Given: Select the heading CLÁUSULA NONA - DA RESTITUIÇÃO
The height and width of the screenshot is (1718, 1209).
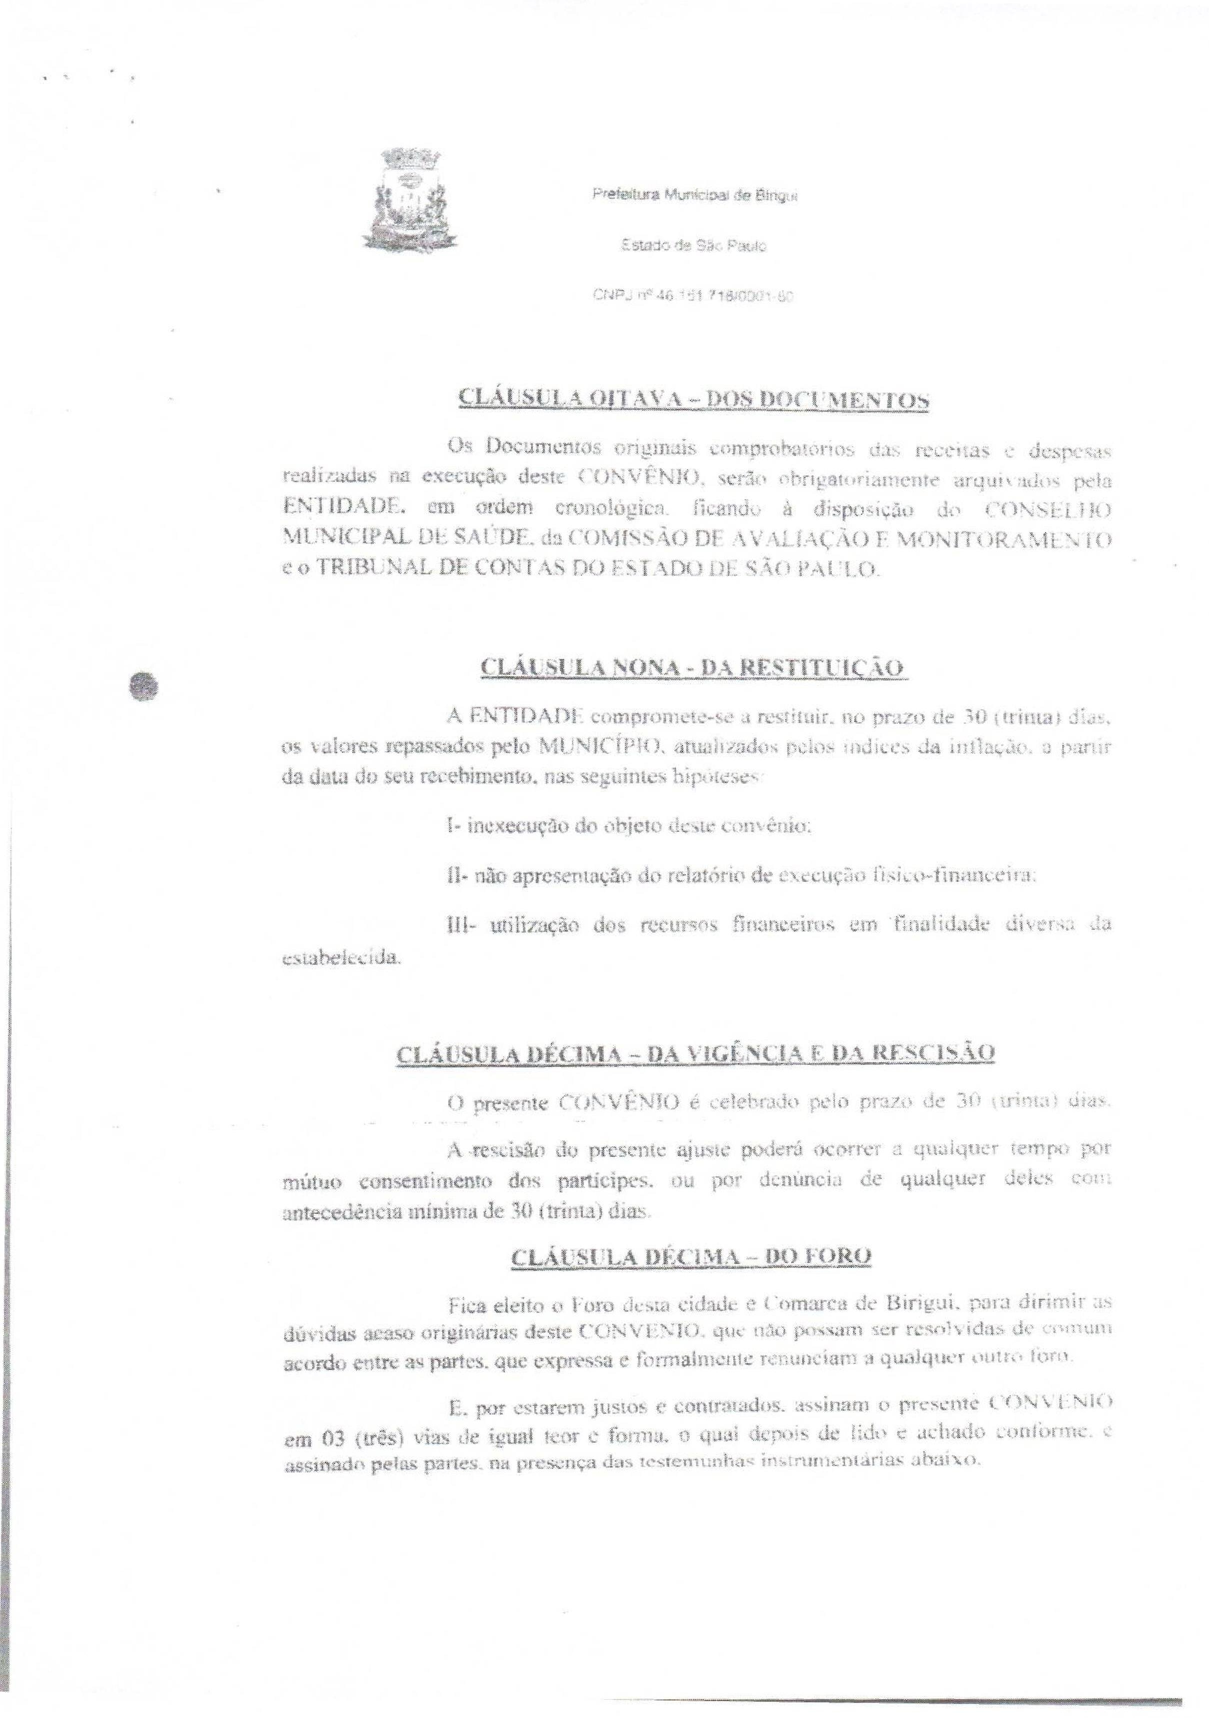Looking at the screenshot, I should (x=693, y=667).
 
